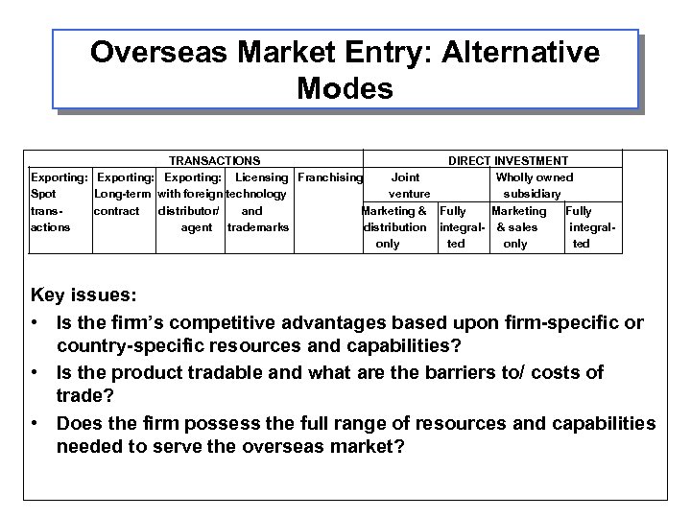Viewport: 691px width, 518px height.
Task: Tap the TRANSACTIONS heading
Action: point(214,161)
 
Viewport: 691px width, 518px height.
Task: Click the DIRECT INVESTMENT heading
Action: point(508,161)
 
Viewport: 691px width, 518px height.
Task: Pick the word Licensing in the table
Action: point(262,177)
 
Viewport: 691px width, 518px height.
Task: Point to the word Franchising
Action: point(330,177)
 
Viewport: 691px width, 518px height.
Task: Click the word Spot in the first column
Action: point(44,194)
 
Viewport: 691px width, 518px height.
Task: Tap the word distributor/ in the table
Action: point(189,210)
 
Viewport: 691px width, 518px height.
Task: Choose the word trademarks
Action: point(258,227)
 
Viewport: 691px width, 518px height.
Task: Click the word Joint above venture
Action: point(405,177)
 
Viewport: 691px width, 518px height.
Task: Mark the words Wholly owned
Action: point(534,177)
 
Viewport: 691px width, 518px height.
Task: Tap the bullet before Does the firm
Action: point(36,423)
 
